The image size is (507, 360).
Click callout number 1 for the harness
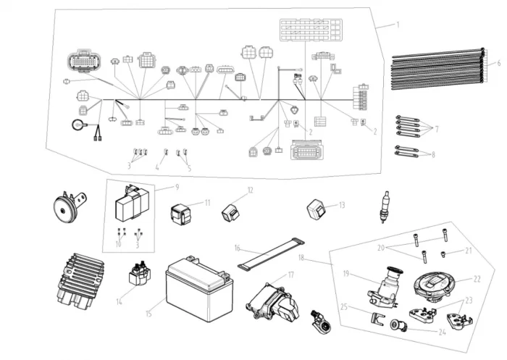click(x=398, y=24)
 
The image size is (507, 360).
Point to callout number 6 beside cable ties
click(x=498, y=64)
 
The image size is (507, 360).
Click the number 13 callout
click(x=342, y=206)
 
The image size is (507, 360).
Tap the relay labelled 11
click(x=181, y=213)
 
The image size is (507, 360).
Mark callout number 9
click(x=175, y=187)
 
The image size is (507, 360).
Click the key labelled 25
click(x=374, y=317)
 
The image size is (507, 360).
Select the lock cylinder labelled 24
click(x=399, y=326)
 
